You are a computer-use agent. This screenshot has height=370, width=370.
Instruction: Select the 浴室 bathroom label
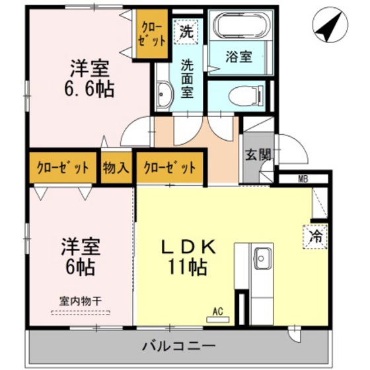(x=240, y=57)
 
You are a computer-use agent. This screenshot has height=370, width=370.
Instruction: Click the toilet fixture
(x=242, y=96)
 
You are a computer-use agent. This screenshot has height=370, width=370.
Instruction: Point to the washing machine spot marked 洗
(x=187, y=30)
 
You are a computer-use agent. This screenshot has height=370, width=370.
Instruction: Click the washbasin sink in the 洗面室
(x=165, y=96)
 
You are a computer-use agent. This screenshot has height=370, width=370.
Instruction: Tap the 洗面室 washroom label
(x=187, y=78)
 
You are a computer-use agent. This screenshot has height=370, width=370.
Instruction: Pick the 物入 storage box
(x=116, y=168)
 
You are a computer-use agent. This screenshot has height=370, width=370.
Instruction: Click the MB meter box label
(x=303, y=178)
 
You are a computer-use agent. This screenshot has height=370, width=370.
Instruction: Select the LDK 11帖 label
(x=187, y=256)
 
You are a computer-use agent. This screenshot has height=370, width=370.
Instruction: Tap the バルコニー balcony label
(x=178, y=346)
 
